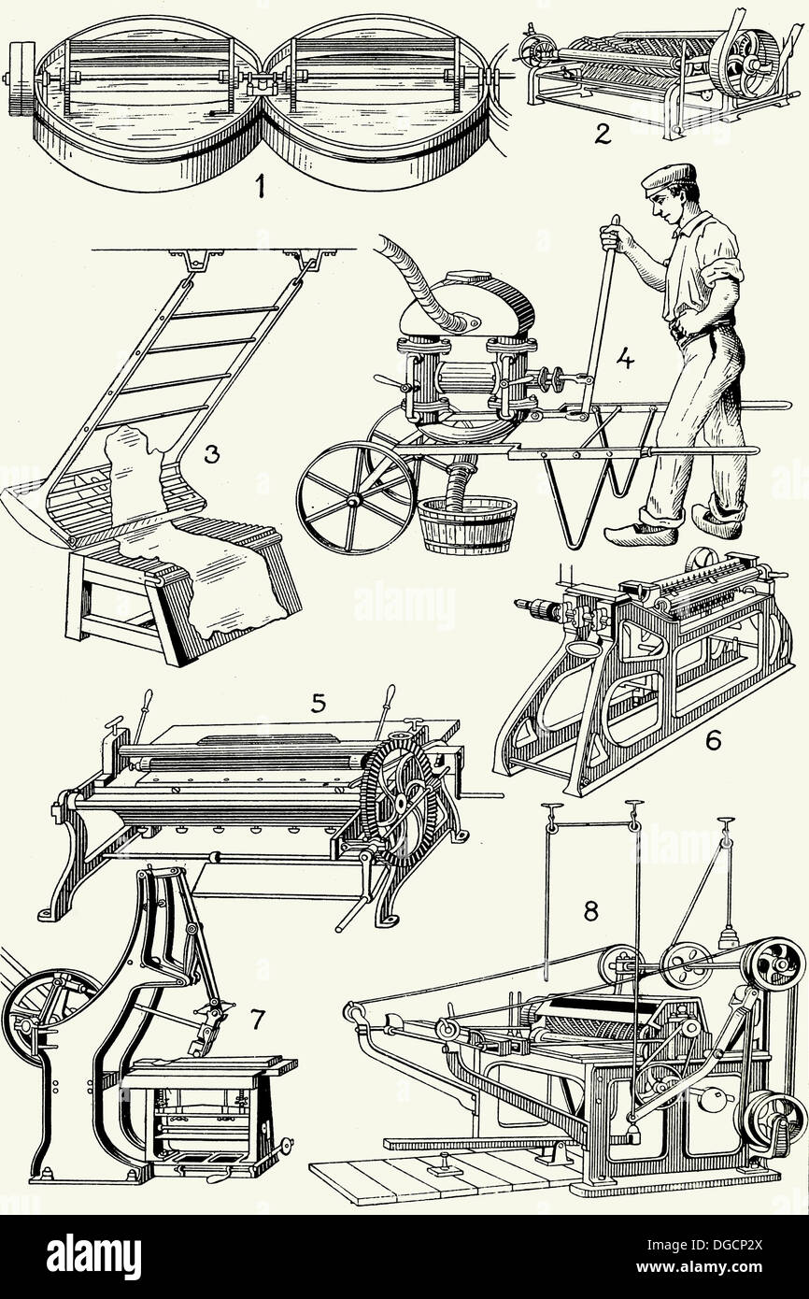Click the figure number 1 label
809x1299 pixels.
[x=260, y=187]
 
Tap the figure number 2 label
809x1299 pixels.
[x=603, y=135]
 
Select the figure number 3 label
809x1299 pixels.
[x=212, y=455]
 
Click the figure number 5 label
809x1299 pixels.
[x=319, y=702]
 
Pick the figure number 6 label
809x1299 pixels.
[x=713, y=741]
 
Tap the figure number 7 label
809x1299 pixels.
[x=259, y=1020]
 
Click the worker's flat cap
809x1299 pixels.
[x=669, y=177]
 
